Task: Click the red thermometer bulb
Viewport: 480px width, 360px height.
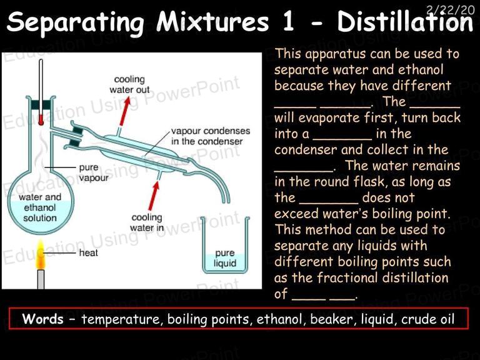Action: [41, 120]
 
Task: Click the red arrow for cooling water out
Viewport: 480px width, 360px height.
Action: [124, 111]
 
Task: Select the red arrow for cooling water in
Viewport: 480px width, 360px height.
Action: [154, 195]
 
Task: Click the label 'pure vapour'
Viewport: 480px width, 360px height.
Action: [94, 172]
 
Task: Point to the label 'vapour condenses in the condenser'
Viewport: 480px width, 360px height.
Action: [211, 136]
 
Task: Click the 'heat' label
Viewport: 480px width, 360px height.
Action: [88, 253]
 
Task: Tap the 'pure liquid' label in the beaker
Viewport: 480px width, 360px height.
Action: [225, 258]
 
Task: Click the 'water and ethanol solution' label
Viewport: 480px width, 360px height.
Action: [40, 207]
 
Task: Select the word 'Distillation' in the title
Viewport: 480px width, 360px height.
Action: [405, 22]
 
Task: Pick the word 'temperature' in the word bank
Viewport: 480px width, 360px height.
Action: [120, 319]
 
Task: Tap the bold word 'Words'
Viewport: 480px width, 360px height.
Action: [43, 319]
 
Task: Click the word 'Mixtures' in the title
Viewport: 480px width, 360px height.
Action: [212, 22]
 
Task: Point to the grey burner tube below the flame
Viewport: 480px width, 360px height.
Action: [41, 279]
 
